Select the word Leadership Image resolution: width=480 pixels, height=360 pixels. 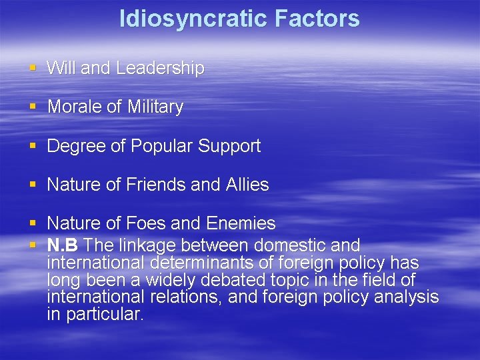[x=160, y=68]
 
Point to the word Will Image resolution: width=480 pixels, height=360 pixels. [x=62, y=68]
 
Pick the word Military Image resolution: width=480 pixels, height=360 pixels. [x=153, y=107]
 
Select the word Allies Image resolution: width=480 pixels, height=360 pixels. [x=247, y=185]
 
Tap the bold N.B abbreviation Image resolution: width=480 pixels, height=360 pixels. [x=63, y=245]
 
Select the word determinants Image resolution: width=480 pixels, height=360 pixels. [x=204, y=263]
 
